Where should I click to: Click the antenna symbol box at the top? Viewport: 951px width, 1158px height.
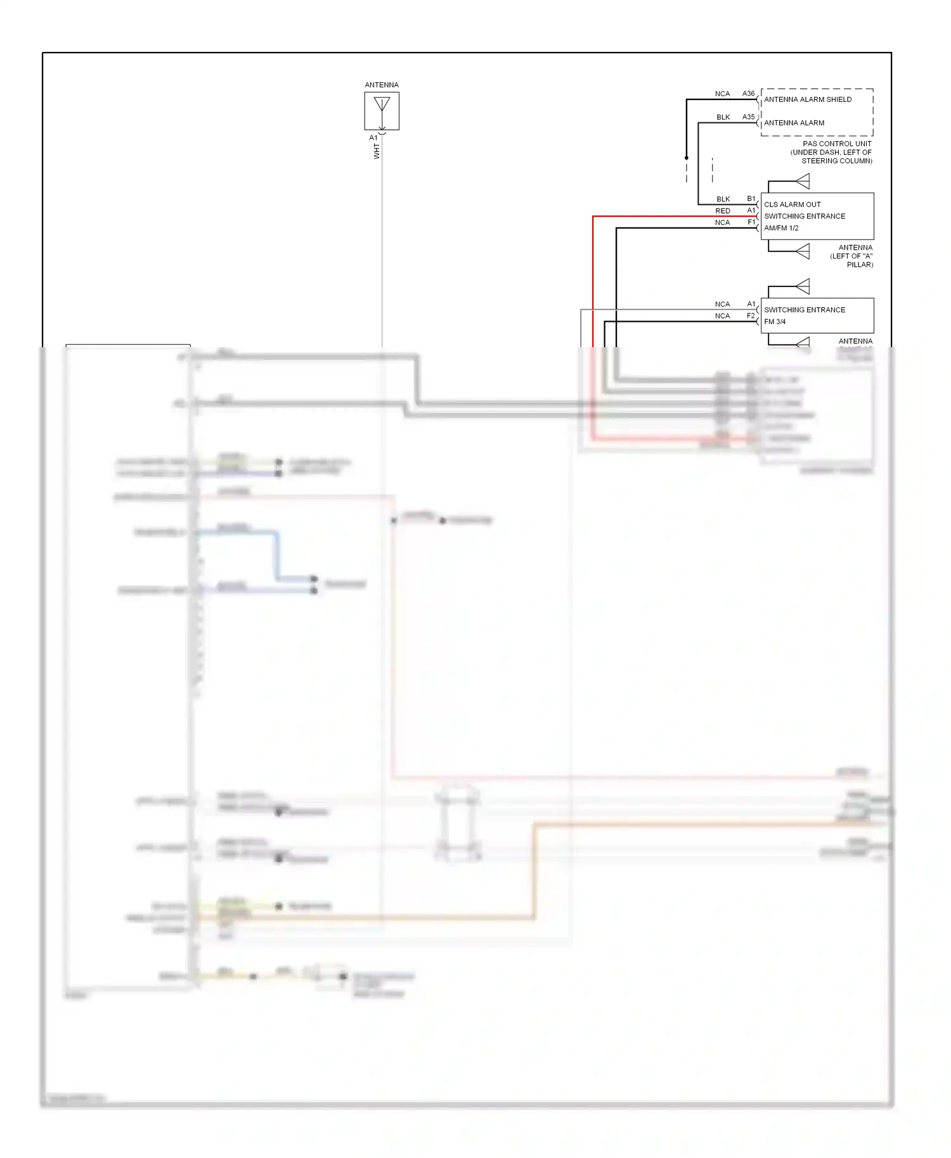coord(382,111)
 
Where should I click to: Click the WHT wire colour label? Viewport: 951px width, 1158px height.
coord(377,151)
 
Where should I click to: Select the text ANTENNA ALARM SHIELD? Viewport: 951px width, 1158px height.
coord(808,99)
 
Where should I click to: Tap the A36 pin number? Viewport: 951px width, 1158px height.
coord(748,94)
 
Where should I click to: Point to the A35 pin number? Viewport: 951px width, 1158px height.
coord(748,117)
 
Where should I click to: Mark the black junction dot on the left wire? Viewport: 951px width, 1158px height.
coord(686,158)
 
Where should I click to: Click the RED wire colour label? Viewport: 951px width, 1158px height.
coord(723,211)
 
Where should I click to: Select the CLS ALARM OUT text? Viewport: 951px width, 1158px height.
coord(792,205)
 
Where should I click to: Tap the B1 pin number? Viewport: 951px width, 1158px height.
coord(751,199)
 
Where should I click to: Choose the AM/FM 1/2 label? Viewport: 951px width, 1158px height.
coord(781,228)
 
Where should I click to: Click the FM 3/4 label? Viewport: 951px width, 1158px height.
coord(775,322)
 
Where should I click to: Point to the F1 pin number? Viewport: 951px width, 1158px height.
coord(751,222)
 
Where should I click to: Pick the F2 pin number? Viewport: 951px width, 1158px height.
coord(751,315)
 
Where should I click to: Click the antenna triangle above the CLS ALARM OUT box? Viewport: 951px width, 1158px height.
coord(803,182)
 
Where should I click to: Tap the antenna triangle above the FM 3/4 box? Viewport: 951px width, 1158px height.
coord(803,287)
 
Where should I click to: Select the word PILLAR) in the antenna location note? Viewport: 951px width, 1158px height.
coord(860,265)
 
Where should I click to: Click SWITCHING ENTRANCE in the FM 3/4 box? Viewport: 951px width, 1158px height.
coord(805,310)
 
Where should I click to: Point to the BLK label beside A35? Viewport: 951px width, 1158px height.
coord(723,117)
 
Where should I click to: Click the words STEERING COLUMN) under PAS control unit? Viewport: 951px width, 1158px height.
coord(836,161)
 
